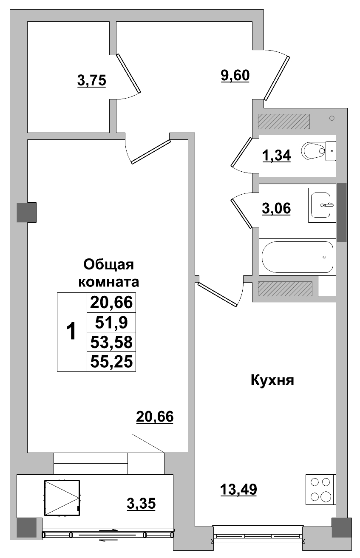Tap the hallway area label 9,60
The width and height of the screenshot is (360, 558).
coord(235,76)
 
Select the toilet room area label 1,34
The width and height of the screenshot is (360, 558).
coord(276,156)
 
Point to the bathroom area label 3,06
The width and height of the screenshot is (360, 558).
coord(276,209)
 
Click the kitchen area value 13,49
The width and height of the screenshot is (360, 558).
coord(238,490)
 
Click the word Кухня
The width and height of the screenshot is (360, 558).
coord(272,380)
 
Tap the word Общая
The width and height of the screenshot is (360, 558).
coord(109,265)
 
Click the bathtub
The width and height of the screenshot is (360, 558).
coord(297,257)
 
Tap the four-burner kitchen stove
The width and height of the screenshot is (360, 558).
coord(320,489)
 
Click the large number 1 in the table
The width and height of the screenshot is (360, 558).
coord(72,331)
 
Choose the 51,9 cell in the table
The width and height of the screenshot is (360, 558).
coord(111,323)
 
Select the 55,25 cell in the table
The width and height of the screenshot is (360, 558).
coord(111,362)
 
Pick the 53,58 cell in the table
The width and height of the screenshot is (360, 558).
coord(111,342)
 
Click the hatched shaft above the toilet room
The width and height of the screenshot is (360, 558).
coord(283,121)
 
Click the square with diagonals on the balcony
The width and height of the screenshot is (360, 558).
coord(62,498)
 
